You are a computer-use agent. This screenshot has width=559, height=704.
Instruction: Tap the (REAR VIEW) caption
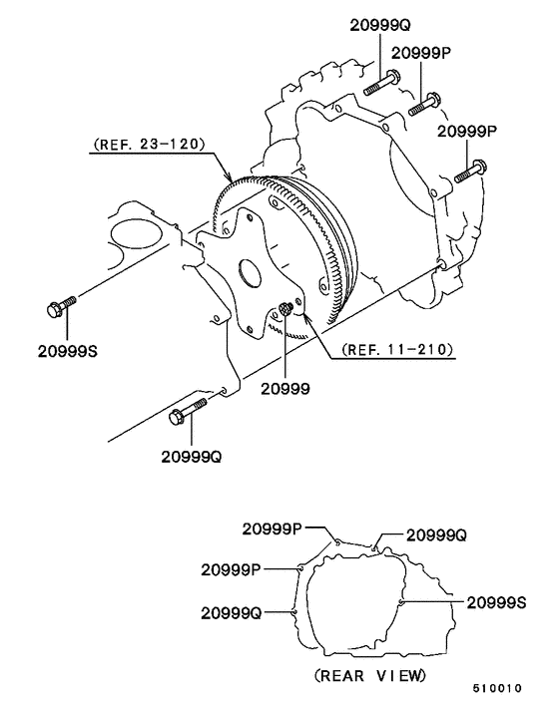coord(371,675)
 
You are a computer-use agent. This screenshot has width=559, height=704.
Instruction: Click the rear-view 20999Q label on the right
coord(437,535)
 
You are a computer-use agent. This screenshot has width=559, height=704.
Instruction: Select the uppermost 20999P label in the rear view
coord(271,528)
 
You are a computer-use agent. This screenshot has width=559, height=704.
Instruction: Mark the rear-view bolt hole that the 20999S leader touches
coord(399,602)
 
